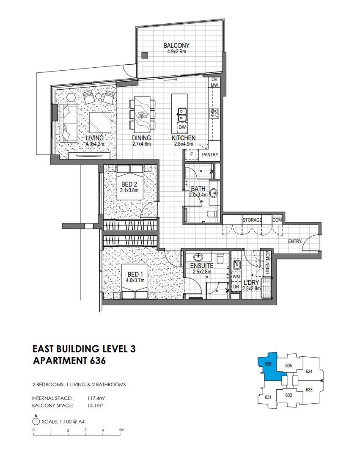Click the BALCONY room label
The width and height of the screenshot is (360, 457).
pyautogui.click(x=176, y=45)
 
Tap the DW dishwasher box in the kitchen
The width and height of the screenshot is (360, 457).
pyautogui.click(x=182, y=127)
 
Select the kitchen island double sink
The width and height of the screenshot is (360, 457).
pyautogui.click(x=182, y=115)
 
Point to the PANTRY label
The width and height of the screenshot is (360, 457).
pyautogui.click(x=210, y=155)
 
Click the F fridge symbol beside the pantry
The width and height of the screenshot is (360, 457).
pyautogui.click(x=191, y=154)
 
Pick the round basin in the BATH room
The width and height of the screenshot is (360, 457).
pyautogui.click(x=214, y=192)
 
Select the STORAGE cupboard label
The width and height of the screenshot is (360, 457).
pyautogui.click(x=252, y=220)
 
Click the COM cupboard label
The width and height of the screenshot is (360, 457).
pyautogui.click(x=277, y=220)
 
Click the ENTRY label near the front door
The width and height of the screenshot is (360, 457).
pyautogui.click(x=295, y=241)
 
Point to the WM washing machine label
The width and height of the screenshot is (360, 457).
pyautogui.click(x=236, y=276)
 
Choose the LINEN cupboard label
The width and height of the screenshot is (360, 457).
pyautogui.click(x=267, y=268)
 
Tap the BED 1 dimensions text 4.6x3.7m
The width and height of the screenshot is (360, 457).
pyautogui.click(x=135, y=281)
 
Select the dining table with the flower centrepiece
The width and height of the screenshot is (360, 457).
pyautogui.click(x=142, y=114)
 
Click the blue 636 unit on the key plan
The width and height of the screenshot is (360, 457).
pyautogui.click(x=270, y=368)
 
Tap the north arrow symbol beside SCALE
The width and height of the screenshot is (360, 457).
pyautogui.click(x=36, y=421)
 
